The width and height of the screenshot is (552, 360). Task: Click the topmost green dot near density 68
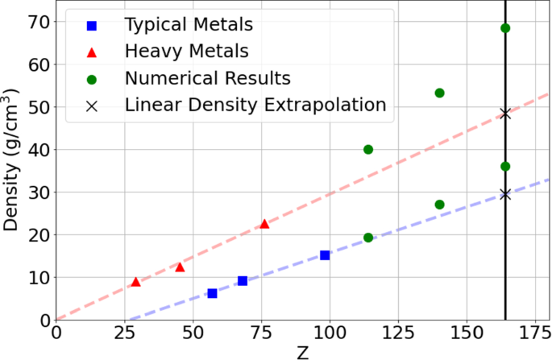click(x=505, y=28)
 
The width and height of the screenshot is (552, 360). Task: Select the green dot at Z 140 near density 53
click(x=439, y=93)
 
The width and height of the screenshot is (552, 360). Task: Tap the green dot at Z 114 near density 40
click(x=368, y=149)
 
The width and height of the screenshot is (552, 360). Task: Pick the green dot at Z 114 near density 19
click(x=368, y=238)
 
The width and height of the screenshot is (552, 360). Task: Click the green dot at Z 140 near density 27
click(x=439, y=205)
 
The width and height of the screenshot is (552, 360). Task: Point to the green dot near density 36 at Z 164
click(x=505, y=166)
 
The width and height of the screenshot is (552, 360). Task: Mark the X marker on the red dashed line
click(x=505, y=114)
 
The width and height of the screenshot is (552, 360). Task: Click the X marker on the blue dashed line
click(x=505, y=194)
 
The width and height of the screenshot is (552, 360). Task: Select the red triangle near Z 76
click(x=264, y=223)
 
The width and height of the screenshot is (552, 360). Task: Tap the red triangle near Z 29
click(x=135, y=281)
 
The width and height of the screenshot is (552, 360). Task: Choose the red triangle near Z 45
click(x=180, y=267)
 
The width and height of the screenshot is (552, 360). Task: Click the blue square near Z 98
click(x=325, y=255)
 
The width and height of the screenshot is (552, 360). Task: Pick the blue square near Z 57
click(x=212, y=293)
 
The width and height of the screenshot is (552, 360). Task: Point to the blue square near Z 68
click(x=243, y=281)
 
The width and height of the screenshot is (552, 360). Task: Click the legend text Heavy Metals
click(x=187, y=52)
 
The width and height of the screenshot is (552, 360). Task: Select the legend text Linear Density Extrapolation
click(x=255, y=105)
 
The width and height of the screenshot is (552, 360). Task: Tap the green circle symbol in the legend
click(x=91, y=79)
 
